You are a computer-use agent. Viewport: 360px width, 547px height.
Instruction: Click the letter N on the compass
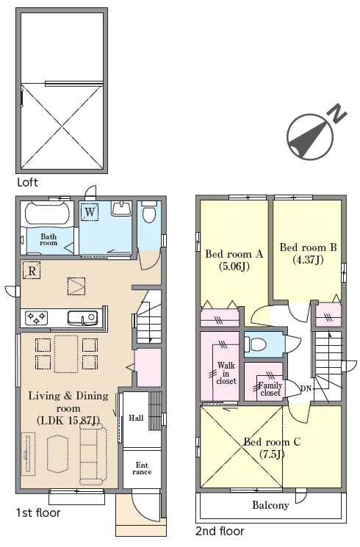339,113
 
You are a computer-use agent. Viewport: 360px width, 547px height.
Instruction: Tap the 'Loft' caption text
27,182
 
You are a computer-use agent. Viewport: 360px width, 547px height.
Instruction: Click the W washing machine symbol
90,212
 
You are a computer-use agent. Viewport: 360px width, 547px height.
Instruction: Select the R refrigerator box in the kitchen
32,271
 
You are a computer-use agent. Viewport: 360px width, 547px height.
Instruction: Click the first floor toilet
149,211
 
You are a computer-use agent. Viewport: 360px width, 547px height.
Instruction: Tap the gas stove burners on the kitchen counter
36,317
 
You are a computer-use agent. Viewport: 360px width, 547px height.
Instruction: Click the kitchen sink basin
82,317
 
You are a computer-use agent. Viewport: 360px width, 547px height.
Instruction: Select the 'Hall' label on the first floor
136,418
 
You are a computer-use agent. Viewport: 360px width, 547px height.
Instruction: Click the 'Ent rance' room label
142,468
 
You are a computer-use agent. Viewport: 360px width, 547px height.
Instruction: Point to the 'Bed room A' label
234,254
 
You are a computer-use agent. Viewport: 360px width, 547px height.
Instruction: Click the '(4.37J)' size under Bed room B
308,260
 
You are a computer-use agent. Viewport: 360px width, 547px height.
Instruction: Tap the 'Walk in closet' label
226,373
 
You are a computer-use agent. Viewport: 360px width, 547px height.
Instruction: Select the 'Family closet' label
270,389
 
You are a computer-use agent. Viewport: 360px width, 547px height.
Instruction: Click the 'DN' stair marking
306,388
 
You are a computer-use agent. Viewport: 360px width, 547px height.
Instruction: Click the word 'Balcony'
270,505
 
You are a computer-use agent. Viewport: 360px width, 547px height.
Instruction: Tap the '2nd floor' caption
220,532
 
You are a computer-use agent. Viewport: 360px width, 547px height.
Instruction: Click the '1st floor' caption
38,512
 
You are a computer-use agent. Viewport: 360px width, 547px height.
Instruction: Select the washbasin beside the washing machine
121,209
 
